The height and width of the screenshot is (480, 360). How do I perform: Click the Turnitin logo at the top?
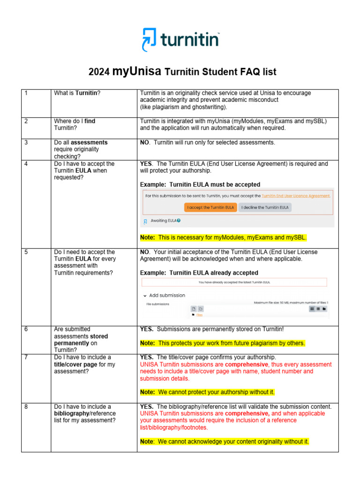[180, 39]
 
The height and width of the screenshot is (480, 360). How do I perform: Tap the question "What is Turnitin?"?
[77, 93]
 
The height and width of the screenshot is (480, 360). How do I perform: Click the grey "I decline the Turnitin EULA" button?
[265, 207]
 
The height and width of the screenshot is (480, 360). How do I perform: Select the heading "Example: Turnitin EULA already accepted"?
[199, 273]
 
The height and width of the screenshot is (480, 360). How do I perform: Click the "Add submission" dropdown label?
[166, 295]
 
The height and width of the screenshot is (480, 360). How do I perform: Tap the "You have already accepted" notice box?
[234, 282]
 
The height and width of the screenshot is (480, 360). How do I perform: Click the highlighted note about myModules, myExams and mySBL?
[224, 238]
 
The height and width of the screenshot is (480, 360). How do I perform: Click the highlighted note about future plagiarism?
[222, 343]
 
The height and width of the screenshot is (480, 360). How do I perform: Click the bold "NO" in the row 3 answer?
[144, 142]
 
